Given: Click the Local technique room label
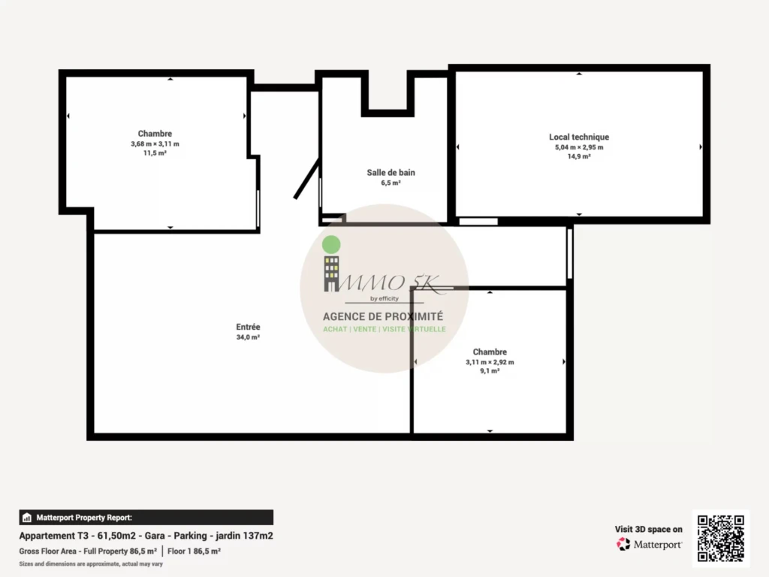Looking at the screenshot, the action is tap(579, 137).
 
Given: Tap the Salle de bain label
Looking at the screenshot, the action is tap(391, 173).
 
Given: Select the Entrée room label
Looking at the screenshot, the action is tap(248, 327).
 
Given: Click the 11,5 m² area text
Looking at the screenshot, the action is tap(155, 153).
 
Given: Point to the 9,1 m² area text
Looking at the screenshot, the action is tap(490, 371).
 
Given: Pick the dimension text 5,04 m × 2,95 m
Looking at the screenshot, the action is tap(579, 147).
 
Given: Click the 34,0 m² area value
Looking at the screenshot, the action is tap(248, 337).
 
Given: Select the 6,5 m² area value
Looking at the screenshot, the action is tap(391, 183).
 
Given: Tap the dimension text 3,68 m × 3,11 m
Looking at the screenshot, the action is tap(155, 143).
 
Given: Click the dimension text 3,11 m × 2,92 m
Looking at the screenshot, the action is tap(490, 362).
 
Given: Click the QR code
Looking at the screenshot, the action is tap(720, 538).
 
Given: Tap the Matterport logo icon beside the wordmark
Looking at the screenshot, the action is tap(623, 544).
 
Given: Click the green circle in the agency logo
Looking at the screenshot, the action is tap(331, 244).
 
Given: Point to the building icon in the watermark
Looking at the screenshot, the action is tap(331, 273).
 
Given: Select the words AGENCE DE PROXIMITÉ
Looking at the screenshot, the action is tap(383, 316).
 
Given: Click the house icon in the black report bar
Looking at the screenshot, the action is tap(27, 518).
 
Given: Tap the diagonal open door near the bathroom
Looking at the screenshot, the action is tap(307, 179).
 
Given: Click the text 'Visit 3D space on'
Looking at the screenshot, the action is tap(648, 530).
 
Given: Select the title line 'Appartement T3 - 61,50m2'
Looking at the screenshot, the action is tap(77, 536).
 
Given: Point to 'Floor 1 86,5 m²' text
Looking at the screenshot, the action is tap(195, 551).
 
